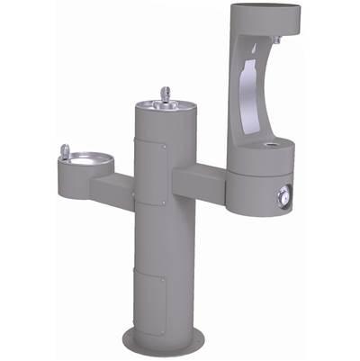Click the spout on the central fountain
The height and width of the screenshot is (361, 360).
pyautogui.click(x=165, y=93)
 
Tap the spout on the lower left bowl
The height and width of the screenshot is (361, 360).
pyautogui.click(x=63, y=150)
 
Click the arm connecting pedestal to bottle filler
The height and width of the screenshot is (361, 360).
pyautogui.click(x=200, y=176)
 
